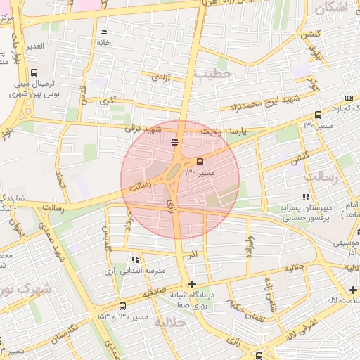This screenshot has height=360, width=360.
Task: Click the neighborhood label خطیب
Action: [x=213, y=73]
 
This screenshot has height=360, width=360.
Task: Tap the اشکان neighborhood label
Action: [x=331, y=8]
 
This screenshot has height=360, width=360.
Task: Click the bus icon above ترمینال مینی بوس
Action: [x=34, y=72]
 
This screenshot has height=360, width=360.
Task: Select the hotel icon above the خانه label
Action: [x=104, y=32]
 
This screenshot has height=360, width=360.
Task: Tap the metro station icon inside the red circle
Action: [x=174, y=143]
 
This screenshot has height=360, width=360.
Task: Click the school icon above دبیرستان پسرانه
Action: [x=305, y=198]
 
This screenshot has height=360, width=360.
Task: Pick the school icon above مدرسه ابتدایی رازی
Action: [x=135, y=259]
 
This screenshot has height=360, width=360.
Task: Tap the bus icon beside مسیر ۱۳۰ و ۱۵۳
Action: [x=123, y=306]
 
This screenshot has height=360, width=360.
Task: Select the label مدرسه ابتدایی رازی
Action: [x=135, y=271]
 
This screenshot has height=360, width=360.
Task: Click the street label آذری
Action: [x=108, y=101]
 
